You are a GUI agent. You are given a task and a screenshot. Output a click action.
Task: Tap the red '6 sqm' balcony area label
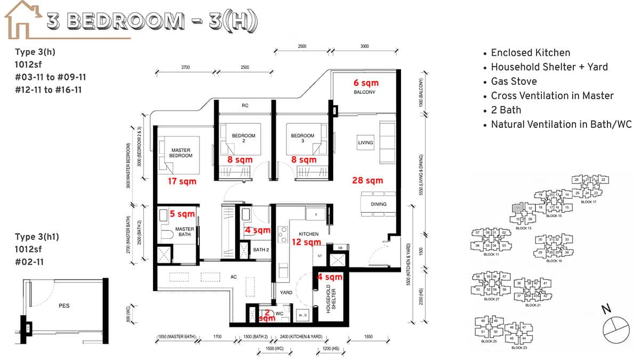point(366,83)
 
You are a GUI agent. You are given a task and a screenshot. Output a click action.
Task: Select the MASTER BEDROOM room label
point(181,153)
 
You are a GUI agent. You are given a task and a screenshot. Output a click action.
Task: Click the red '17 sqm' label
point(182,181)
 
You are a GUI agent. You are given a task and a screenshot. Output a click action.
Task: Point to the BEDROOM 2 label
point(247,138)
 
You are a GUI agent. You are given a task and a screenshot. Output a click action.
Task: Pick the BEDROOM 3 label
point(302,138)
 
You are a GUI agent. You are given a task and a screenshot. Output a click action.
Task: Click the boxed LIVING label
point(365,143)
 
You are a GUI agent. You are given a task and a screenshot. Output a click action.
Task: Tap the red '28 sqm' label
point(367,180)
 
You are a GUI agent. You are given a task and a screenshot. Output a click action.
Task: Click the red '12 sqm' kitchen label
point(306,242)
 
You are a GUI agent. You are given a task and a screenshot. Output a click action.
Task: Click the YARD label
point(285,293)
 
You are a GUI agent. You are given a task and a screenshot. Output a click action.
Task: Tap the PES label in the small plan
point(64,306)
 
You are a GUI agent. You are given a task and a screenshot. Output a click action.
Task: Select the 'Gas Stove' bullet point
point(514,81)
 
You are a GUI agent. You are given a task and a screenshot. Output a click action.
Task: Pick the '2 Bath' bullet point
point(506,110)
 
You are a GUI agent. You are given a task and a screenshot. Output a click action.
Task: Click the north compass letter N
point(605,309)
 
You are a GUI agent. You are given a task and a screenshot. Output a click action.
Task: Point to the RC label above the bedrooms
point(245,106)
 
